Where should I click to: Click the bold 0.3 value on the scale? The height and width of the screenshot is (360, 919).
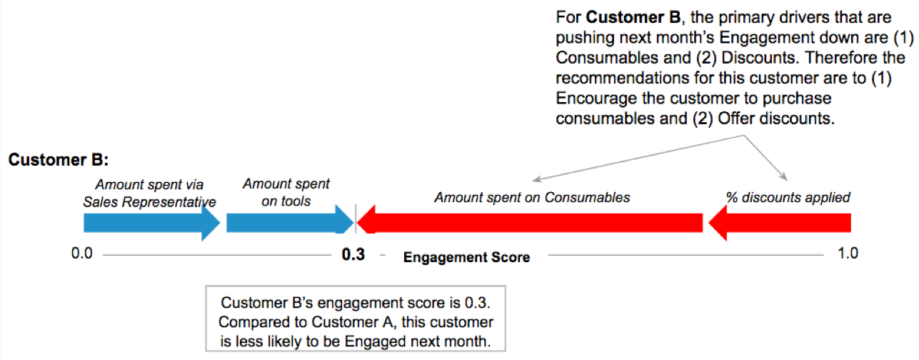click(x=353, y=255)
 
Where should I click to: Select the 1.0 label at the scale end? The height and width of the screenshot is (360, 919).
click(x=848, y=254)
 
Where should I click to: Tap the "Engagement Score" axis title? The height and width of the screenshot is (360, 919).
click(x=467, y=257)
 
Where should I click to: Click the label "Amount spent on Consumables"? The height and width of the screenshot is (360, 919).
click(x=532, y=197)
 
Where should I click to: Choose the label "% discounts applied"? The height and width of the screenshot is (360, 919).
click(x=788, y=197)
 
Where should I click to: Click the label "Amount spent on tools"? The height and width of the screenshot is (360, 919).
click(x=286, y=192)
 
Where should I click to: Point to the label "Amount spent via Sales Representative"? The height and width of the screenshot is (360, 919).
click(x=149, y=193)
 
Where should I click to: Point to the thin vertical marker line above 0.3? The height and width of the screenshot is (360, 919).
click(x=355, y=218)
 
